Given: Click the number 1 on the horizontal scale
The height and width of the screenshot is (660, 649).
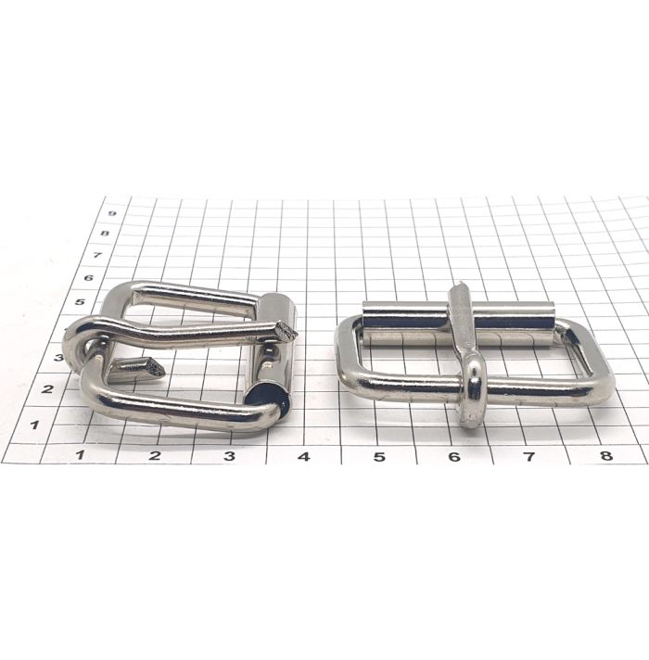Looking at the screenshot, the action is coord(80,454).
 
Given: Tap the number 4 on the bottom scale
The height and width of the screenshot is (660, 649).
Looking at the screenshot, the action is coord(304,456).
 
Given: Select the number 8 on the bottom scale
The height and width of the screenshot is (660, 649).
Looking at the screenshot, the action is coord(606,455).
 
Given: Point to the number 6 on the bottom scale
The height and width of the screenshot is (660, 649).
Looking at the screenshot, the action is coord(453,456).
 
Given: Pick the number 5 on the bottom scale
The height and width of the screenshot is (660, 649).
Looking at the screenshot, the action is coord(379,456).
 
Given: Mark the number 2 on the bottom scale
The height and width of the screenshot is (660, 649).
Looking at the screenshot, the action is coord(156,455).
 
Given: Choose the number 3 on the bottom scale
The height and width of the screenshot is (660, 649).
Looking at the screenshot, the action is coord(229,455).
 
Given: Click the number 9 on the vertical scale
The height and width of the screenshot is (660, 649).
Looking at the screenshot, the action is coord(112,213).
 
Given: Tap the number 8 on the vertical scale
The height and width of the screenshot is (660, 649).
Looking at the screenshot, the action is coord(105,233).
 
